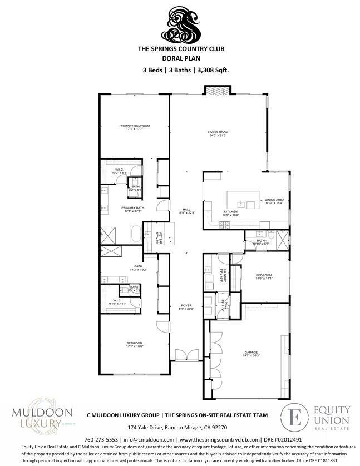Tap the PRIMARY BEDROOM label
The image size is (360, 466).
[135, 126]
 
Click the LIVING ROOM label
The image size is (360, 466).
[218, 132]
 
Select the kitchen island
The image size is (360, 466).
[244, 199]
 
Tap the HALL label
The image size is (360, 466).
[179, 210]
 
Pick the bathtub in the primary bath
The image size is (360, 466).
[135, 233]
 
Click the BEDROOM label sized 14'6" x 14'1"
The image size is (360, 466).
[264, 276]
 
